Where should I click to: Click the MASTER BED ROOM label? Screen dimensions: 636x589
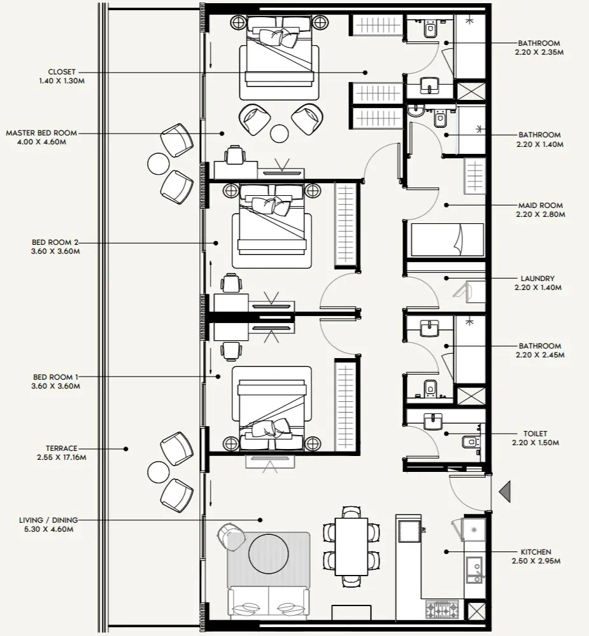(41, 133)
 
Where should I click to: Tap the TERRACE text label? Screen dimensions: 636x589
(62, 448)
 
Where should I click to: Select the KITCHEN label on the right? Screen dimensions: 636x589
(535, 552)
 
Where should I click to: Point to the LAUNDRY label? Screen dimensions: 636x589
(537, 279)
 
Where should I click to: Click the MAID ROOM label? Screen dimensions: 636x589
(540, 205)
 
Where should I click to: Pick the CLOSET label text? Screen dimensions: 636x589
(62, 73)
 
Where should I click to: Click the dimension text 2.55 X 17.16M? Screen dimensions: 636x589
(62, 457)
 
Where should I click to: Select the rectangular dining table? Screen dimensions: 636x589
(351, 546)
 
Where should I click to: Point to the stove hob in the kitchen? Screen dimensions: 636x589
(441, 609)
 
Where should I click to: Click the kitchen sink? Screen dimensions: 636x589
(474, 569)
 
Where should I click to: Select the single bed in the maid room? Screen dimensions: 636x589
(446, 240)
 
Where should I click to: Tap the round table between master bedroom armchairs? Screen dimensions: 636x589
(279, 134)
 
